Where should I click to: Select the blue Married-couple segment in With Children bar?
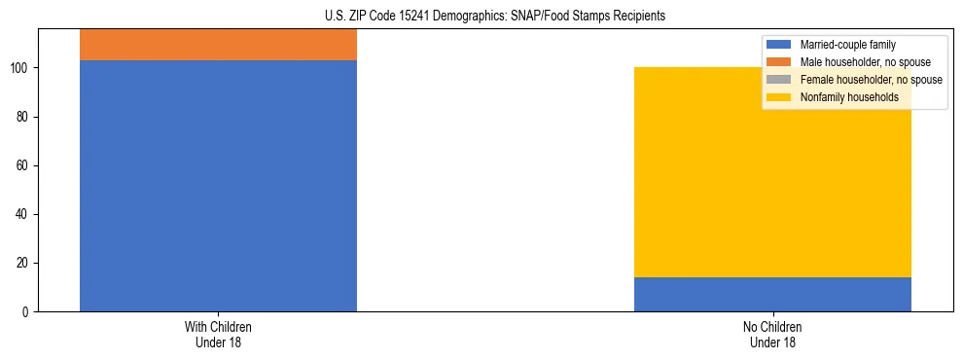[x=218, y=185]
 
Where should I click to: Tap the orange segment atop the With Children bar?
[x=218, y=45]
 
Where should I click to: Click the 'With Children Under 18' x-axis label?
[x=218, y=334]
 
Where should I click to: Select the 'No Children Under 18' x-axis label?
[x=772, y=334]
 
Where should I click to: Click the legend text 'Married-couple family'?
[x=847, y=45]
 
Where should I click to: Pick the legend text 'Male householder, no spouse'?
[x=859, y=62]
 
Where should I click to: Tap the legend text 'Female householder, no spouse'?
[x=871, y=80]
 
